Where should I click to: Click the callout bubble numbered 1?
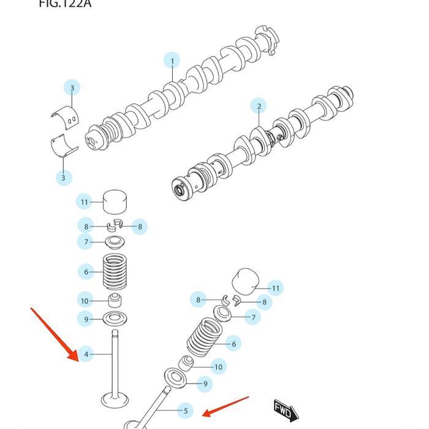point(172,61)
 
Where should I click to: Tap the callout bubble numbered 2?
point(259,106)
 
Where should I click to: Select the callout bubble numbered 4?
point(86,354)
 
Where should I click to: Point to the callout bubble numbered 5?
point(184,411)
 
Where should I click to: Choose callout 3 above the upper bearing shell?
point(72,88)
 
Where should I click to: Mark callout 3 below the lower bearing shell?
point(63,178)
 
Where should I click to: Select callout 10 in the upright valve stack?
point(85,301)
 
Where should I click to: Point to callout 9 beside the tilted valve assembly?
point(205,384)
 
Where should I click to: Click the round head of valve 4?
point(115,400)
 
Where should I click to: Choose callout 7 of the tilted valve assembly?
point(252,317)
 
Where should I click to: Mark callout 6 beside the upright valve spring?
point(86,271)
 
